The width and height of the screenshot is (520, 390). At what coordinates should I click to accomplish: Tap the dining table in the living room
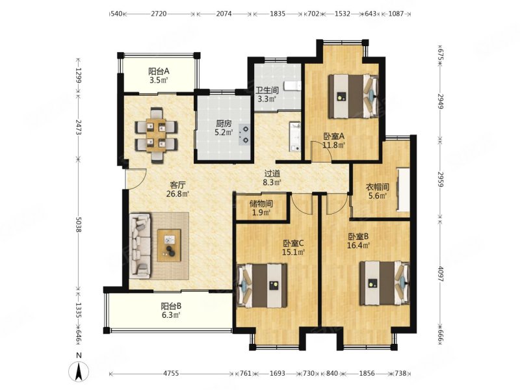[156, 135]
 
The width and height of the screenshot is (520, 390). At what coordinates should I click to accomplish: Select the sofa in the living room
[140, 246]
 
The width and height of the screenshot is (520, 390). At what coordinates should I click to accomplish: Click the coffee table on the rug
[169, 246]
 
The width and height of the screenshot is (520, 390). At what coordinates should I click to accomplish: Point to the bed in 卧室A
[353, 96]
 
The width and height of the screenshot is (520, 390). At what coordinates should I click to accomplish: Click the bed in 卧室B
[385, 283]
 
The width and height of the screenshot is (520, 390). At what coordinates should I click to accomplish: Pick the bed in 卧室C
[263, 285]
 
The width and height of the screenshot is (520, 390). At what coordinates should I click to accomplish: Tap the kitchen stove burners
[244, 135]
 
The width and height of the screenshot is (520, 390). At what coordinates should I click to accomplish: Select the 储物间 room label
[261, 203]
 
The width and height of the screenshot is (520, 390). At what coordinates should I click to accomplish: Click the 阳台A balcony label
[159, 71]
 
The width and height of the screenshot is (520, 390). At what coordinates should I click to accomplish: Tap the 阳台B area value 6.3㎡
[171, 315]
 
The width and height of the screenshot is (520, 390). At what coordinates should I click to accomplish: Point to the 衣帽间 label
[378, 187]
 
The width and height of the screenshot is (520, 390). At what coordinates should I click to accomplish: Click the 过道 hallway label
[272, 173]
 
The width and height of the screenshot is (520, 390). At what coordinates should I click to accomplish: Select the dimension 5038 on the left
[78, 225]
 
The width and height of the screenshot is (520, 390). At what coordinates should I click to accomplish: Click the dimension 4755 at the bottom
[171, 373]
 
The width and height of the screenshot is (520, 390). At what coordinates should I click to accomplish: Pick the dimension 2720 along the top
[159, 14]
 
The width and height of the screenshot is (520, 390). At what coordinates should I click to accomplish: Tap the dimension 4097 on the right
[441, 274]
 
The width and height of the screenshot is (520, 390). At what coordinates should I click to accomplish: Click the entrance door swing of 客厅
[136, 179]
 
